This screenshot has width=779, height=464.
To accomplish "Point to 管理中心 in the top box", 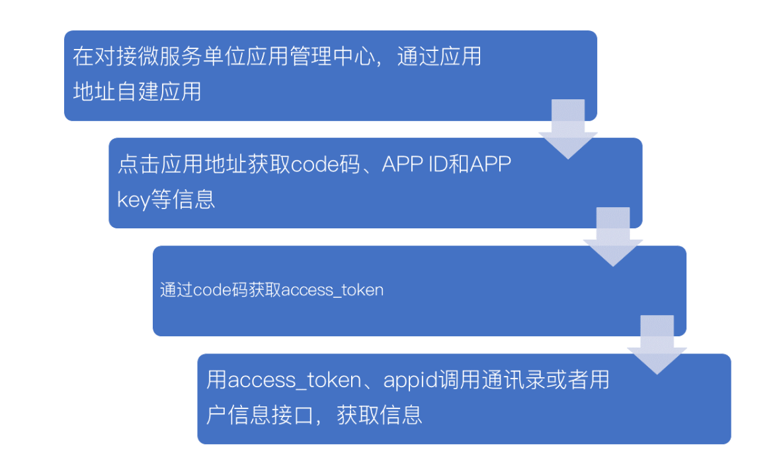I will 318,57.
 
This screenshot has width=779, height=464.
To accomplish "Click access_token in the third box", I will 332,291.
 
